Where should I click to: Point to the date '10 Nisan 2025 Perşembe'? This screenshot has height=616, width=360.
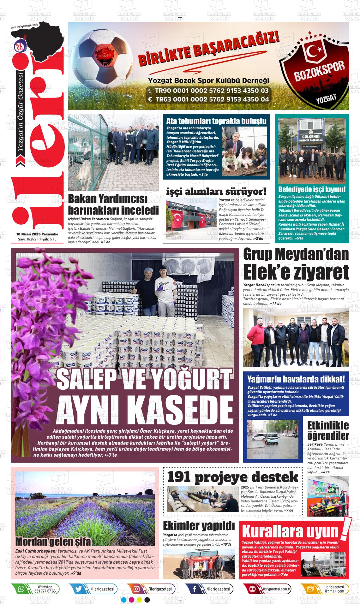37,234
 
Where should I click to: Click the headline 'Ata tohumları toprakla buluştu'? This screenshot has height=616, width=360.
216,121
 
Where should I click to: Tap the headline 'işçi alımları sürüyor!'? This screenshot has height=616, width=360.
216,191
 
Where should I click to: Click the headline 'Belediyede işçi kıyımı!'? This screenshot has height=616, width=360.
312,190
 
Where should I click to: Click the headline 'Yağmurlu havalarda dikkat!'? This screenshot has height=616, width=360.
296,379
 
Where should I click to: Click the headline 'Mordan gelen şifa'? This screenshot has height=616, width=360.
53,542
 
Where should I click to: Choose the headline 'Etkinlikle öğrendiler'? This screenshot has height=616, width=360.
328,430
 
